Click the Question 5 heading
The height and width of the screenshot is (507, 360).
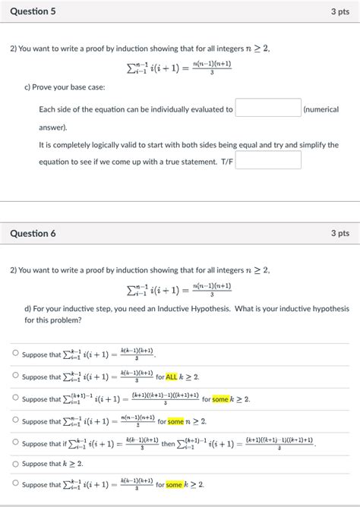pyautogui.click(x=33, y=11)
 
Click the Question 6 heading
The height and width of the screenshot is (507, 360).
pyautogui.click(x=33, y=234)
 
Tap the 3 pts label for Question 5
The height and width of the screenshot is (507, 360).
pyautogui.click(x=339, y=11)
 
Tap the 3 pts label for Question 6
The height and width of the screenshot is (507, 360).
pyautogui.click(x=339, y=234)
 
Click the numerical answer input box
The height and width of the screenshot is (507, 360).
pyautogui.click(x=268, y=109)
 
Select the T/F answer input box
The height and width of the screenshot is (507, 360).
pyautogui.click(x=268, y=159)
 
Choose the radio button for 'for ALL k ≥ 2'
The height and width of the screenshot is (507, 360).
pyautogui.click(x=14, y=376)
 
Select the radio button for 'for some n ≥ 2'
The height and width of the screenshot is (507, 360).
pyautogui.click(x=14, y=420)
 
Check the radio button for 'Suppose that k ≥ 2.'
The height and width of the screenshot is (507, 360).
pyautogui.click(x=14, y=464)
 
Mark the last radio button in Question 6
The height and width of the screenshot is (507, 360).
pyautogui.click(x=14, y=484)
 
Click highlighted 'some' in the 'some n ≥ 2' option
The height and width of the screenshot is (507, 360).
pyautogui.click(x=176, y=421)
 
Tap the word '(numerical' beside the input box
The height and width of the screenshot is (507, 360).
pyautogui.click(x=321, y=109)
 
